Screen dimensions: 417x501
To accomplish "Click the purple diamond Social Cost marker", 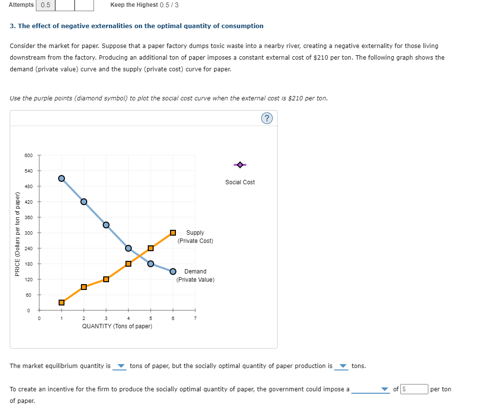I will [x=240, y=165].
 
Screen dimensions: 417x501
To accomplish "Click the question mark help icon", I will [x=266, y=118].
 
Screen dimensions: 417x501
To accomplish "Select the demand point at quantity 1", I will [x=62, y=178].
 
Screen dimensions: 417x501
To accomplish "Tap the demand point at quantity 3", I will [x=106, y=225].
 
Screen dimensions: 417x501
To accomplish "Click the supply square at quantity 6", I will [x=173, y=233].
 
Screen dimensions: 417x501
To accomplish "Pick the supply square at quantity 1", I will [x=62, y=303].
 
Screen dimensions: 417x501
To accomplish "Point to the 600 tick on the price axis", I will [x=29, y=155].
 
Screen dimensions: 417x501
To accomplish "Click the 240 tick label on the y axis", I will [x=29, y=248].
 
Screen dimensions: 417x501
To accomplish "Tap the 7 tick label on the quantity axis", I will [x=195, y=319].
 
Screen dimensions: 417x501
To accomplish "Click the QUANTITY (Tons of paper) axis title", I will [x=117, y=326].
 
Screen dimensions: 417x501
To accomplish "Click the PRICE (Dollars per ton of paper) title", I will [x=17, y=234].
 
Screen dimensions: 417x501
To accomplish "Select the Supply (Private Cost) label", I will [x=195, y=237].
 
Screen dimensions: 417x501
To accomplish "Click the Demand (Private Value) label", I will [x=195, y=275].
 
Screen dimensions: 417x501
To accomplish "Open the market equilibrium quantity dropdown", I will [x=120, y=366].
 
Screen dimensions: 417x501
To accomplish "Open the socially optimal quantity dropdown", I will [x=342, y=366].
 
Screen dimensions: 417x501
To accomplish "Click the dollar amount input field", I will [x=415, y=389].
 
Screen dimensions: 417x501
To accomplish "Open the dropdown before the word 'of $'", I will [x=371, y=389].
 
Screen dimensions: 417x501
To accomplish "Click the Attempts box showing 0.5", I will [x=46, y=5].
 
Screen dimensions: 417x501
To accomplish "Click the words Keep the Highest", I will [x=134, y=5].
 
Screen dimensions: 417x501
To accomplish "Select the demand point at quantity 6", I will [x=173, y=272].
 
